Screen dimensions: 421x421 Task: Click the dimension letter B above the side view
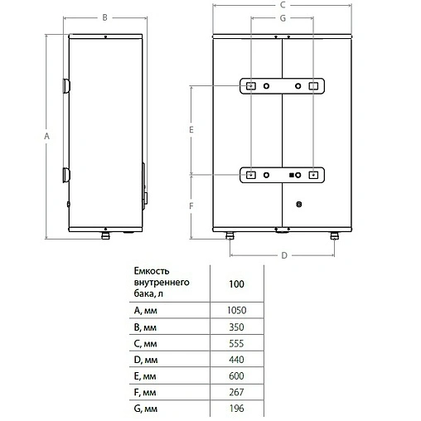[104, 17]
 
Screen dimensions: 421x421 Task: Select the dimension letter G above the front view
[283, 17]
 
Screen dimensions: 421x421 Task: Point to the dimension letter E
[191, 130]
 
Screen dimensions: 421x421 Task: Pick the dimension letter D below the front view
[283, 256]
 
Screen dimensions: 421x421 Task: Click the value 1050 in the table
[235, 310]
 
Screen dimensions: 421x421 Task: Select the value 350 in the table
[235, 327]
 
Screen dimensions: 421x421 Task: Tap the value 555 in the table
[235, 343]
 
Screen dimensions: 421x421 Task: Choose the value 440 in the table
[235, 359]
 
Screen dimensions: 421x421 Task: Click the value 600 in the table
[235, 375]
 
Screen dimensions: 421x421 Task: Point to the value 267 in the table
[235, 390]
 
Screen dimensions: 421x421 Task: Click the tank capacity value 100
[235, 283]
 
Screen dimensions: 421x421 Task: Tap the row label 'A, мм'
[145, 310]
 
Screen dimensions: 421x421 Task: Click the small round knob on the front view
[300, 201]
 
